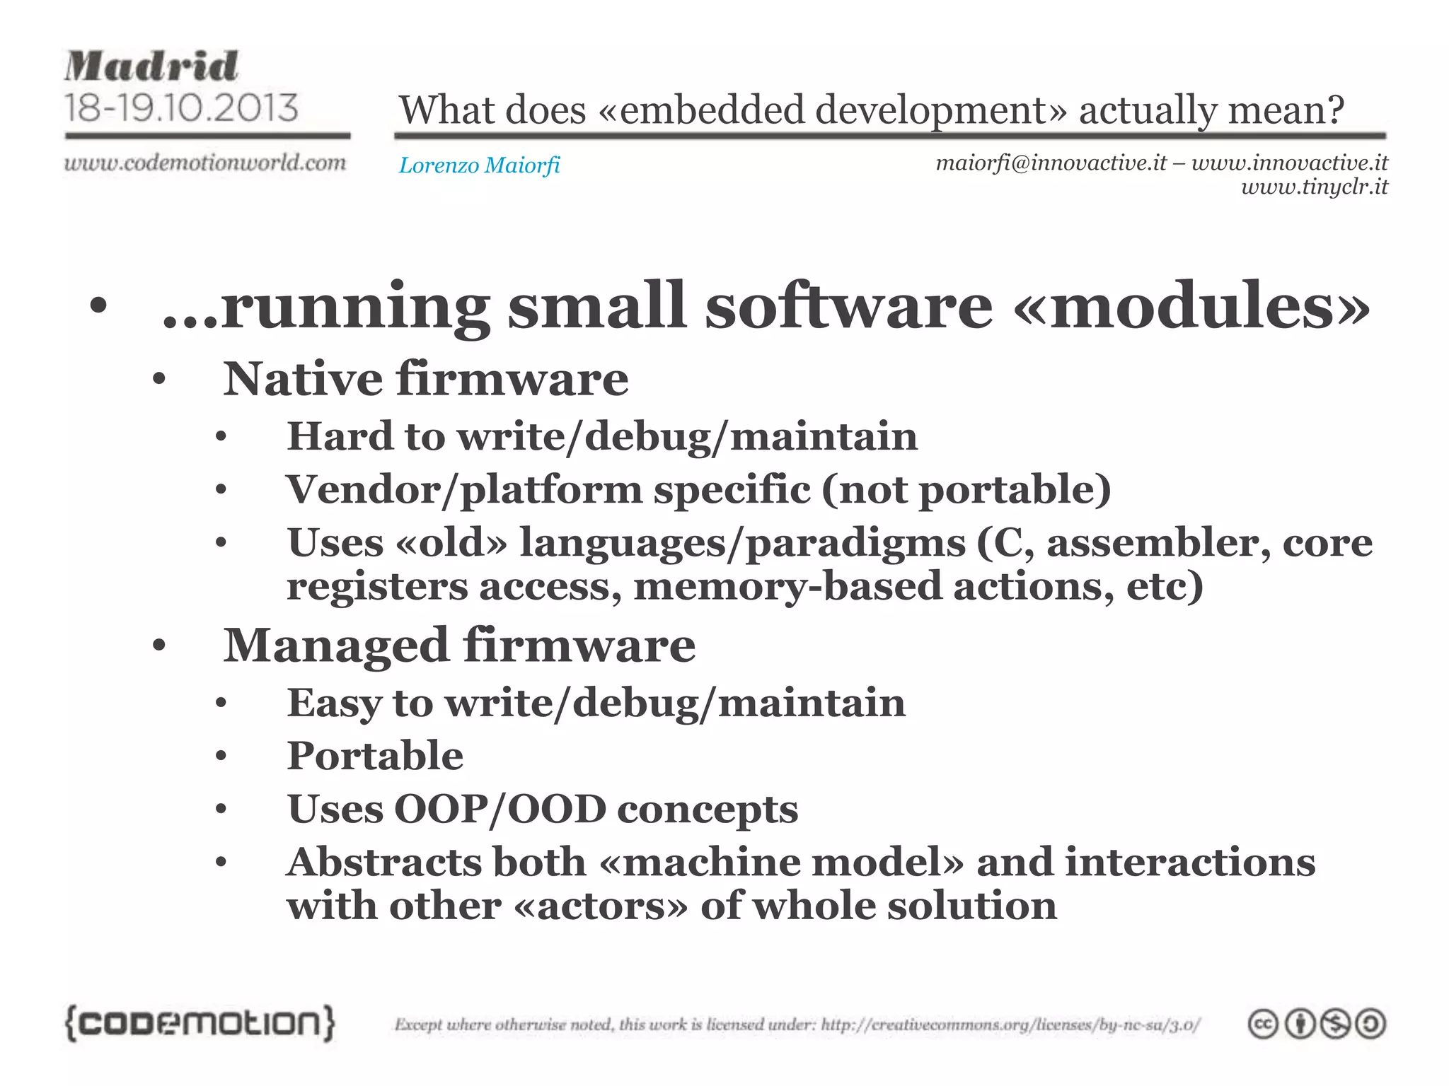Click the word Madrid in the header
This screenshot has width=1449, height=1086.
click(151, 67)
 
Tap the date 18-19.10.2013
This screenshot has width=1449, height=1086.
click(181, 108)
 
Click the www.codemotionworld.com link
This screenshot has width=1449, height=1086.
click(205, 163)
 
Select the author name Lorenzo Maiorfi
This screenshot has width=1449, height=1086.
click(479, 165)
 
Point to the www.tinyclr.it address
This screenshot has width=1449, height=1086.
click(1314, 187)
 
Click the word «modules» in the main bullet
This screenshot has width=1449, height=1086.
click(1191, 306)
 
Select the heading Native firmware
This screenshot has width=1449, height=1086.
click(425, 379)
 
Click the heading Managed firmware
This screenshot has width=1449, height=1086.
click(459, 646)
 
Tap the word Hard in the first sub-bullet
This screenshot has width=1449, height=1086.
click(340, 436)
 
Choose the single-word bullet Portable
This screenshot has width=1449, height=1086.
click(375, 756)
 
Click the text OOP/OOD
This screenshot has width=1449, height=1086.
click(500, 810)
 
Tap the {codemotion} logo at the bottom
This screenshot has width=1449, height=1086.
click(200, 1023)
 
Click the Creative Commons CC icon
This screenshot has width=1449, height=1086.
click(1263, 1024)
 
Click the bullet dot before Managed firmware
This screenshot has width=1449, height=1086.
click(158, 646)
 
